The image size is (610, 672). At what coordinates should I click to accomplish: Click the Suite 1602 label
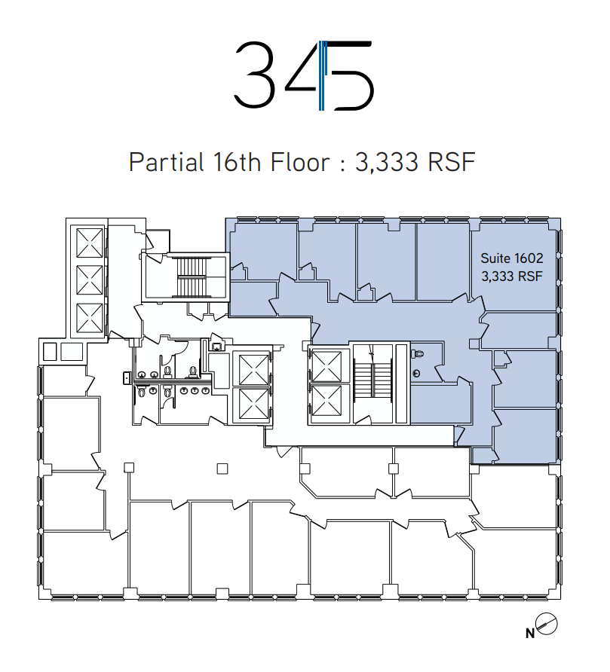[x=512, y=258]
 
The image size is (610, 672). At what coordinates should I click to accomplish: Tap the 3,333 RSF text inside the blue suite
[x=512, y=276]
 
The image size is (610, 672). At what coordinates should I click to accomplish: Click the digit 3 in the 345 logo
[x=254, y=75]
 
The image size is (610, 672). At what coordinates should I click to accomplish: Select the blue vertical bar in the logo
[x=322, y=75]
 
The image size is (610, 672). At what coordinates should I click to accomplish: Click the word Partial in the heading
[x=167, y=162]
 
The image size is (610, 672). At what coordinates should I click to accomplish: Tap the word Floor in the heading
[x=300, y=162]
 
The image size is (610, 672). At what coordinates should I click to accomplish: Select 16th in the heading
[x=238, y=162]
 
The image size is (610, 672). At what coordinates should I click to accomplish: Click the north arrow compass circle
[x=547, y=624]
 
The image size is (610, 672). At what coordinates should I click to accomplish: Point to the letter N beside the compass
[x=530, y=633]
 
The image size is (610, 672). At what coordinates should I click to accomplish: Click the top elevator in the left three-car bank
[x=90, y=243]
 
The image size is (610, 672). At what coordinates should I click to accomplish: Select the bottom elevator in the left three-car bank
[x=90, y=318]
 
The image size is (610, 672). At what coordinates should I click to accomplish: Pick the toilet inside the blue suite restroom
[x=418, y=354]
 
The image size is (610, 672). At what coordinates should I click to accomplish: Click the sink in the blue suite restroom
[x=416, y=374]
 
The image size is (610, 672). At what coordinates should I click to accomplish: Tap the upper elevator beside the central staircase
[x=327, y=366]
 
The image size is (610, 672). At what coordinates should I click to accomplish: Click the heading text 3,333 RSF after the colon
[x=415, y=162]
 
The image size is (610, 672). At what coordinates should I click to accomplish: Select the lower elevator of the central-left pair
[x=253, y=404]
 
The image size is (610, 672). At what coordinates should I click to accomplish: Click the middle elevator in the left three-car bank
[x=90, y=279]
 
